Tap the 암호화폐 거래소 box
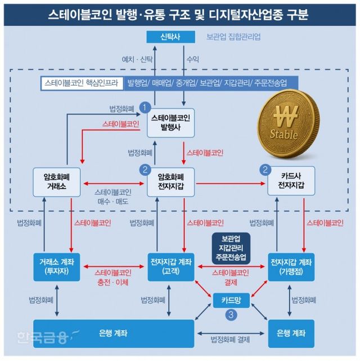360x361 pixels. coord(58,181)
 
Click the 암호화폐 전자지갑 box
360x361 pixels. coord(171,181)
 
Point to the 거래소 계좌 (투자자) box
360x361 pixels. coord(58,266)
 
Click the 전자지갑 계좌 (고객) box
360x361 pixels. coord(171,266)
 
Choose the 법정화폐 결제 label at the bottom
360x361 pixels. coord(230,339)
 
